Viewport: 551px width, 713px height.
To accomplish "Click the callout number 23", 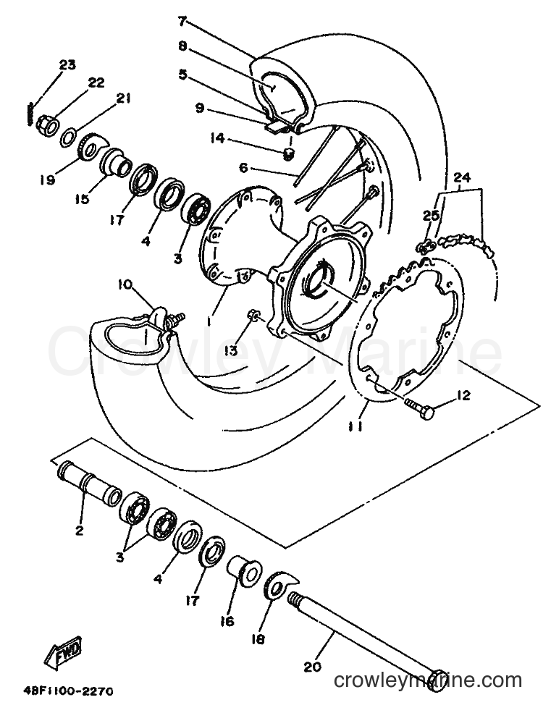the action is tap(67, 65).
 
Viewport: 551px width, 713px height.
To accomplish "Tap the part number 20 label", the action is tap(313, 667).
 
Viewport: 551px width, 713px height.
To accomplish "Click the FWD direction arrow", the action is tap(63, 651).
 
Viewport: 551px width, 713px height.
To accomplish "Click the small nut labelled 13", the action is tap(253, 315).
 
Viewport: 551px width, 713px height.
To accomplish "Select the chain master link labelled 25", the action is tap(426, 248).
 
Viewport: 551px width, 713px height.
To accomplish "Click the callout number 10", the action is tap(125, 285).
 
